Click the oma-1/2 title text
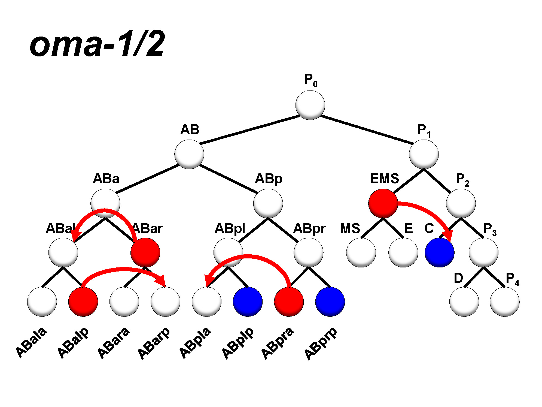97,44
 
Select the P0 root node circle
310,105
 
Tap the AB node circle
189,154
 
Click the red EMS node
383,203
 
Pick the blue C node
440,253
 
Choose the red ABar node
145,253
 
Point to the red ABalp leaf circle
83,302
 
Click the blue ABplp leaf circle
248,302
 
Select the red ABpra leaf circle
289,302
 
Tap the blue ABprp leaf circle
330,302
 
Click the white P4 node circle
504,302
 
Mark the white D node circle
464,302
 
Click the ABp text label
269,179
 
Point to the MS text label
350,229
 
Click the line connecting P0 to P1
367,130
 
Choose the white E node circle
403,253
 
